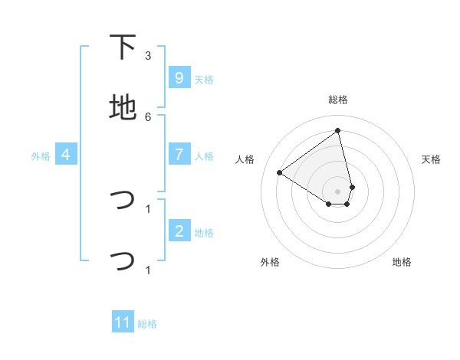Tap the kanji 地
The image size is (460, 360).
(x=123, y=108)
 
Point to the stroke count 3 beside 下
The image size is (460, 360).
(x=148, y=56)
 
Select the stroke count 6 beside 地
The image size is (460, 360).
(x=148, y=116)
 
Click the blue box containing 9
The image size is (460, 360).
(x=179, y=77)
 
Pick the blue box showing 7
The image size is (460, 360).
(x=179, y=154)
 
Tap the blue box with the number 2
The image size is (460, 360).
(x=179, y=230)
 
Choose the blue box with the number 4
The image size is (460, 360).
(x=66, y=154)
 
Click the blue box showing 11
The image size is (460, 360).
(x=123, y=322)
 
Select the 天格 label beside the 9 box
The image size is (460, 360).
(x=204, y=79)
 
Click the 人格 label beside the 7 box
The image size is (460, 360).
(x=204, y=155)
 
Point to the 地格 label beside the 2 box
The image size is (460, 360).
(x=204, y=232)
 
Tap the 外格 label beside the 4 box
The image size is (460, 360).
(x=41, y=155)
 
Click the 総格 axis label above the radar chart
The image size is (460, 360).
(x=338, y=100)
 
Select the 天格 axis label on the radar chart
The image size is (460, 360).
(x=431, y=159)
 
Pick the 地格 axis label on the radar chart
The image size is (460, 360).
(x=402, y=262)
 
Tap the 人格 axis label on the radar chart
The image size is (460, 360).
(x=245, y=159)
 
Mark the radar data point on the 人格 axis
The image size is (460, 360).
(x=280, y=172)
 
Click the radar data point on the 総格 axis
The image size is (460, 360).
(x=338, y=131)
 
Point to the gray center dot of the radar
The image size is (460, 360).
(x=338, y=191)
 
